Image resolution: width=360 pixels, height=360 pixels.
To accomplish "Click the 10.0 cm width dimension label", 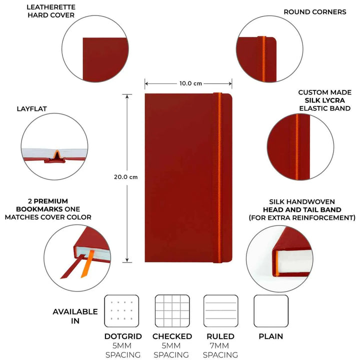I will (x=188, y=83).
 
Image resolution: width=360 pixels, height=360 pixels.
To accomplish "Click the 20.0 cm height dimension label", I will (x=125, y=176).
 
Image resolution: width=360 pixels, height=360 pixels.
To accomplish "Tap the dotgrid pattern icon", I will (x=121, y=311).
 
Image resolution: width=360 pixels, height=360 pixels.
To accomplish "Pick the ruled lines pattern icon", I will (x=220, y=311).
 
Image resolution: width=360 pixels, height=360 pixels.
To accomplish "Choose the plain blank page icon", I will (x=271, y=311).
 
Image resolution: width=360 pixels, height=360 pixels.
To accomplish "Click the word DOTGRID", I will (x=123, y=336).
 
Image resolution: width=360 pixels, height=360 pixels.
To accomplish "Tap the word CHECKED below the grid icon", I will (x=172, y=336).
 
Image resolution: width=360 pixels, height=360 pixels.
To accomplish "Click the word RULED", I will (x=220, y=336).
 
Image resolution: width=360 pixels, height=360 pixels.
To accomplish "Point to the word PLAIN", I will (x=271, y=336).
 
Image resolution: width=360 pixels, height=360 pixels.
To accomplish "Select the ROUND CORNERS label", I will (x=314, y=12).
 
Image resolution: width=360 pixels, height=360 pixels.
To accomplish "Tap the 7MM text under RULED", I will (x=220, y=346).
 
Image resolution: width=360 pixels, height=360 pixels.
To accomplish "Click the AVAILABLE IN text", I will (x=75, y=316).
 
